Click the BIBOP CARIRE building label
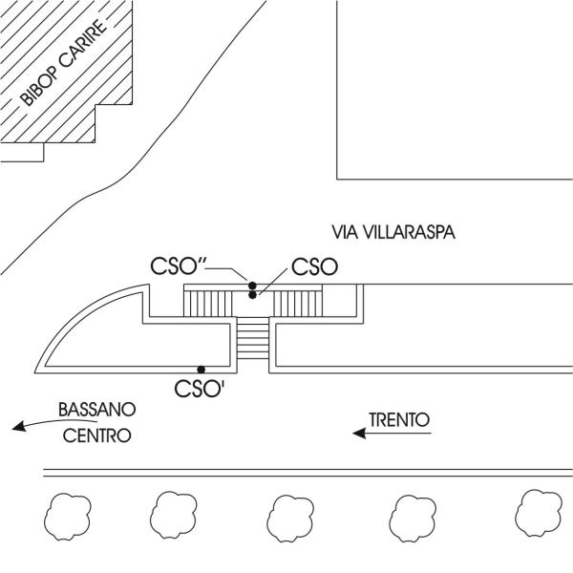click(63, 63)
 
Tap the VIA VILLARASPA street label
click(393, 232)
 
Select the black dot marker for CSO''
click(252, 286)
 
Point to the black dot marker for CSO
click(252, 295)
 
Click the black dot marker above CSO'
click(201, 370)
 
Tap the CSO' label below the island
click(200, 389)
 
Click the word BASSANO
click(97, 410)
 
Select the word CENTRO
click(96, 435)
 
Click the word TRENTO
click(399, 420)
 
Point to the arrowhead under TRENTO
click(360, 434)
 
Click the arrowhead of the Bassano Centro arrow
click(19, 427)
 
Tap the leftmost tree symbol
click(68, 516)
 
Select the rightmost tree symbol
click(539, 513)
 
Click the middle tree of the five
click(290, 519)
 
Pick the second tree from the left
click(174, 516)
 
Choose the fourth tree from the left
click(413, 519)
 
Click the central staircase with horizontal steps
click(253, 338)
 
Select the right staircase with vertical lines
click(296, 304)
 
